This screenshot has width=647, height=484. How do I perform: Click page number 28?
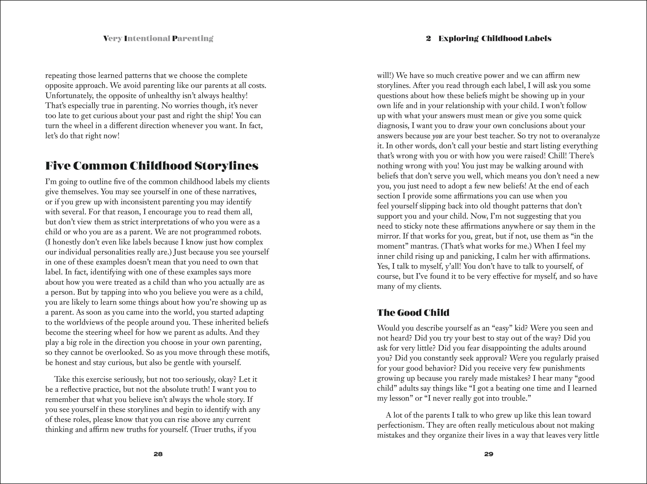pos(158,454)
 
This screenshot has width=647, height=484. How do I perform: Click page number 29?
pos(489,454)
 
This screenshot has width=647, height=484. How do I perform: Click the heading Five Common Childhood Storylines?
pos(152,166)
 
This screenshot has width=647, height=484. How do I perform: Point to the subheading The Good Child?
pos(413,313)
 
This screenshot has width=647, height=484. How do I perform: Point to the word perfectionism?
pos(400,425)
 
